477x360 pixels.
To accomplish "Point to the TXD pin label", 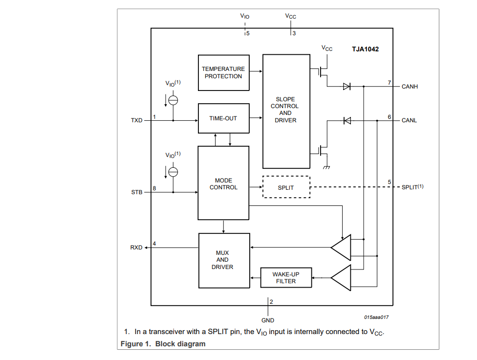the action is pyautogui.click(x=136, y=120).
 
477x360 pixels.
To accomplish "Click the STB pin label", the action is pyautogui.click(x=137, y=192).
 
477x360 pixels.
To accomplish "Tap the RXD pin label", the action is pyautogui.click(x=136, y=247).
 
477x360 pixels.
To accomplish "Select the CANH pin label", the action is pyautogui.click(x=410, y=87).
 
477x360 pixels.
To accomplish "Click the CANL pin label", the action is pyautogui.click(x=409, y=120).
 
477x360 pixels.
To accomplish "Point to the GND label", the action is pyautogui.click(x=268, y=320).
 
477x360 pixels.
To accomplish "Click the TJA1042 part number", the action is pyautogui.click(x=366, y=49).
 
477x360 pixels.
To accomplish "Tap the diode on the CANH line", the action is pyautogui.click(x=347, y=87).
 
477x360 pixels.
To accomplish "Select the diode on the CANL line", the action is pyautogui.click(x=347, y=121).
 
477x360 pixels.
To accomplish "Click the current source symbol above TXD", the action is pyautogui.click(x=173, y=100).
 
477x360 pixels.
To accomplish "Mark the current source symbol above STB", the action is pyautogui.click(x=173, y=172).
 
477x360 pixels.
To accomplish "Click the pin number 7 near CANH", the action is pyautogui.click(x=389, y=83).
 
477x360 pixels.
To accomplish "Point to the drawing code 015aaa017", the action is pyautogui.click(x=376, y=317).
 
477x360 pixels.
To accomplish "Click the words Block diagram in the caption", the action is pyautogui.click(x=180, y=344).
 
